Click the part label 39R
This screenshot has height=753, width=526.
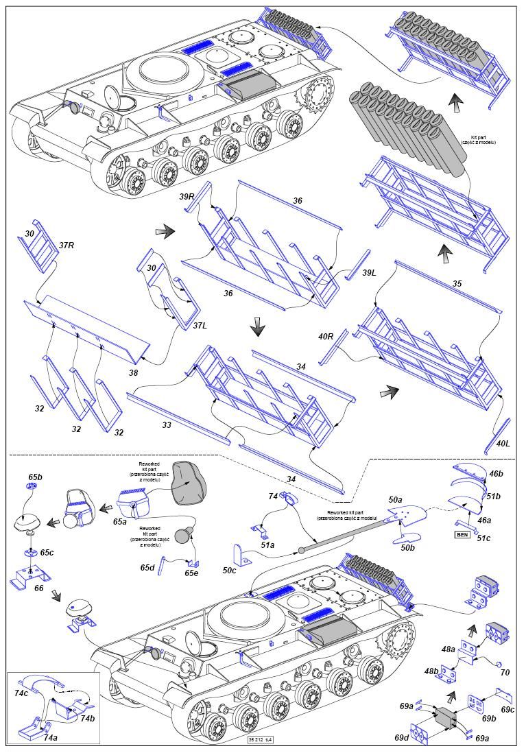[187, 197]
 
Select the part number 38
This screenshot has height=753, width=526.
[133, 373]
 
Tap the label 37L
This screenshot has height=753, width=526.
[199, 325]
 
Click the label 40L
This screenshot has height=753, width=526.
[503, 444]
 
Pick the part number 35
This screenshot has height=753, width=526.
[457, 283]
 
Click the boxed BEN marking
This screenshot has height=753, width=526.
[464, 534]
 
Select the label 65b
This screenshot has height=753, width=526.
[36, 476]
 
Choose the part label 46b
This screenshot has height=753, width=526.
[495, 473]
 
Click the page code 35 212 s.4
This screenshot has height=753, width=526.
[263, 739]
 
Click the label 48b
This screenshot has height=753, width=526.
[431, 671]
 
